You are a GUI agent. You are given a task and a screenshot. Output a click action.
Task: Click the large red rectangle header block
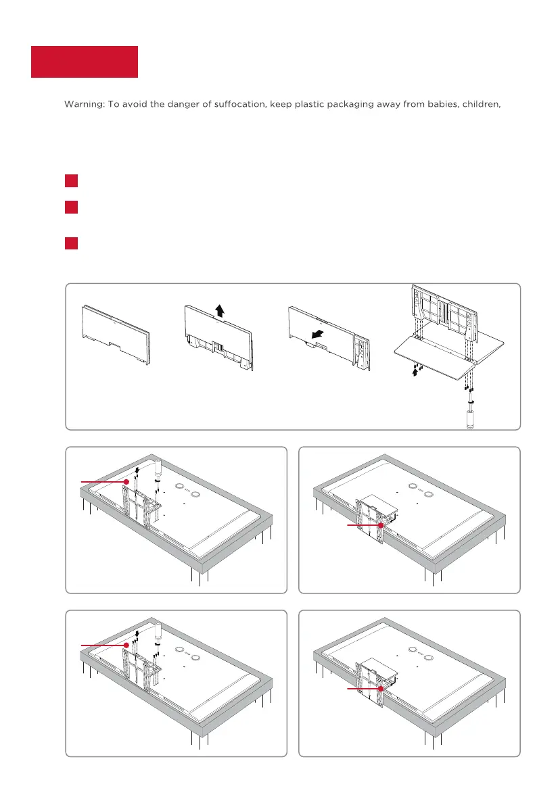pyautogui.click(x=85, y=62)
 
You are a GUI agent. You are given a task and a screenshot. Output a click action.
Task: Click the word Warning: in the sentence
pyautogui.click(x=84, y=104)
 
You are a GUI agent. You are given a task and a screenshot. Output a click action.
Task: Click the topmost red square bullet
pyautogui.click(x=72, y=180)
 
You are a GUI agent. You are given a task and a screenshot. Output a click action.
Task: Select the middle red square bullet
pyautogui.click(x=72, y=207)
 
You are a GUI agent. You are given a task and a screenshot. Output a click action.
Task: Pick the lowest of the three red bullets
pyautogui.click(x=72, y=243)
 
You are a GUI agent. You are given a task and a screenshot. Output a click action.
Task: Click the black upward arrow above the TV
pyautogui.click(x=220, y=310)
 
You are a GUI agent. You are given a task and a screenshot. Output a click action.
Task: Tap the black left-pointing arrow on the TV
pyautogui.click(x=317, y=334)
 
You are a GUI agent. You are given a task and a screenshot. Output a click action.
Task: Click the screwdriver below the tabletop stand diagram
pyautogui.click(x=469, y=411)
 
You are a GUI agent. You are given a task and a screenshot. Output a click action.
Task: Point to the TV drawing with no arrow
pyautogui.click(x=116, y=335)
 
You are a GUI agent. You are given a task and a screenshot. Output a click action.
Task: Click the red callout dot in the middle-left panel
pyautogui.click(x=126, y=481)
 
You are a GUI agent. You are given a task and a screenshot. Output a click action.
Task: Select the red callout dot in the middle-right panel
pyautogui.click(x=381, y=525)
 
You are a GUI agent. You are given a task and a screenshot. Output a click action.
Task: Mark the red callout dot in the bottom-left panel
pyautogui.click(x=126, y=645)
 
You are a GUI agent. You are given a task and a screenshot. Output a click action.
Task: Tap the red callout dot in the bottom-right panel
pyautogui.click(x=381, y=688)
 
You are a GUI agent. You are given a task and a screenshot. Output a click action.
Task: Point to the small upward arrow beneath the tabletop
pyautogui.click(x=415, y=372)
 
